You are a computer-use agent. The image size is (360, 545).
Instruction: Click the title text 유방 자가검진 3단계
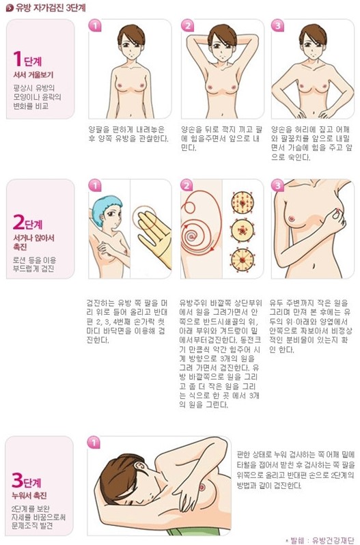(x=51, y=8)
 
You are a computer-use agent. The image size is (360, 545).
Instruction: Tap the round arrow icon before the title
(x=10, y=8)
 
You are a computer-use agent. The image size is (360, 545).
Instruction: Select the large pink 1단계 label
(x=27, y=59)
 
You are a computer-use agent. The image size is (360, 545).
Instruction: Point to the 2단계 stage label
(x=27, y=222)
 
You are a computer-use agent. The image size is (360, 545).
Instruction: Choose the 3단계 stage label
(x=27, y=480)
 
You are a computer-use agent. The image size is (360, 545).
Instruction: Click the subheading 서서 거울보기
(x=33, y=74)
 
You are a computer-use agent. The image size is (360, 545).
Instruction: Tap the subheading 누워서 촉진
(x=29, y=495)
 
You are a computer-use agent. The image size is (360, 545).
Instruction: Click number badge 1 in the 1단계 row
(x=95, y=25)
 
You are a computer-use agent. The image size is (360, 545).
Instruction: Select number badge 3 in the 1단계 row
(x=277, y=25)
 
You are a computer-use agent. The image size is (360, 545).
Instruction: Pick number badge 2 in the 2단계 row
(x=186, y=185)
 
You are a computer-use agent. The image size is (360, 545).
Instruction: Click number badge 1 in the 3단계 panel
(x=93, y=443)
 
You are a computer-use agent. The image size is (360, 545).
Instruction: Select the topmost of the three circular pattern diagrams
(x=243, y=203)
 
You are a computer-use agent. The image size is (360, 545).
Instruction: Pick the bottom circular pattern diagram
(x=243, y=260)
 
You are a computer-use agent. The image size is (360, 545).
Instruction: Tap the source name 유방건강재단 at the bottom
(x=333, y=540)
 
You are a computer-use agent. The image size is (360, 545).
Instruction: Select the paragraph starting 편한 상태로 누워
(x=296, y=470)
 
